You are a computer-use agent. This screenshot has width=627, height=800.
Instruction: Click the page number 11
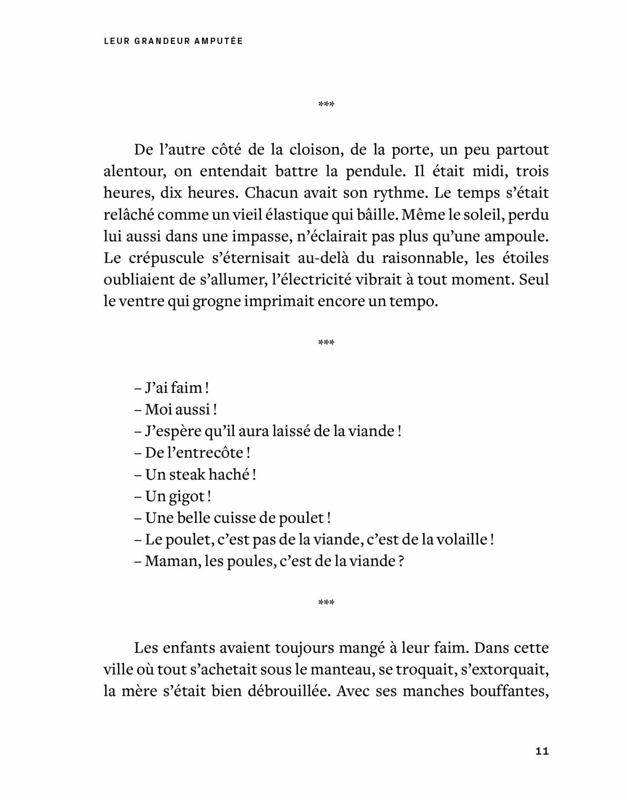point(542,751)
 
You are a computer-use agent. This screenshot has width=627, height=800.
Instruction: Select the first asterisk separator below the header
point(326,104)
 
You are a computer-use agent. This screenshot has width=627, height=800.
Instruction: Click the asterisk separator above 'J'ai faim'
point(326,342)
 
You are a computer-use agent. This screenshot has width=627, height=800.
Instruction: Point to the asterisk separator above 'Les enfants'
point(326,602)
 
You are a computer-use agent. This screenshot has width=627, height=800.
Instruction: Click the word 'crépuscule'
point(161,258)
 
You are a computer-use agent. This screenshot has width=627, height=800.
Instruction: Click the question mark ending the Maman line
point(400,561)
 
